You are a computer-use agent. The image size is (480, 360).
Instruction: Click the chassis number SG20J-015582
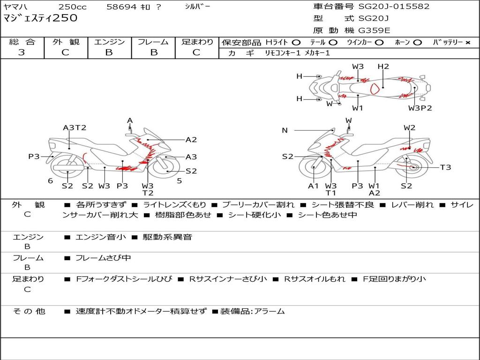click(394, 7)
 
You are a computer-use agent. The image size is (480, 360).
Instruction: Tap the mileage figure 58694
click(121, 7)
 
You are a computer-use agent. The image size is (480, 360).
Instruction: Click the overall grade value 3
click(22, 52)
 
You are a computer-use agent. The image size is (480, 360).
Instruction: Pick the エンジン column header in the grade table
click(109, 42)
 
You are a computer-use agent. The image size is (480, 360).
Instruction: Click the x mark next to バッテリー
click(467, 43)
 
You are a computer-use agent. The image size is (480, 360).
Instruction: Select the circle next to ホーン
click(417, 43)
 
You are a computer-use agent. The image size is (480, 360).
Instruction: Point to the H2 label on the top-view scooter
click(383, 67)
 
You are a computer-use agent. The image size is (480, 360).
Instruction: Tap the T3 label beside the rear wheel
click(446, 167)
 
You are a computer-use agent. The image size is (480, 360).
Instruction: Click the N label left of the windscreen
click(285, 130)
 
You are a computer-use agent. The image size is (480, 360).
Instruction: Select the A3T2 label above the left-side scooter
click(75, 127)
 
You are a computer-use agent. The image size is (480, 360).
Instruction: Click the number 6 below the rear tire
click(51, 181)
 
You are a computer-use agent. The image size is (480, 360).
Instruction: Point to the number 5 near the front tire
click(180, 181)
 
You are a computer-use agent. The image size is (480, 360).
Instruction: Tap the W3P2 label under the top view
click(420, 108)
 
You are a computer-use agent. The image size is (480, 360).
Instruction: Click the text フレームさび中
click(103, 258)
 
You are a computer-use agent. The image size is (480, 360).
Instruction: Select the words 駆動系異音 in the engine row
click(167, 237)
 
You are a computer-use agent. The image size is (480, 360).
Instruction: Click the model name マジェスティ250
click(40, 18)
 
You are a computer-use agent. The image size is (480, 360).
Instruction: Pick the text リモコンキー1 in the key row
click(283, 53)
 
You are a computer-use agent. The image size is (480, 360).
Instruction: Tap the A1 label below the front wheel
click(314, 186)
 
